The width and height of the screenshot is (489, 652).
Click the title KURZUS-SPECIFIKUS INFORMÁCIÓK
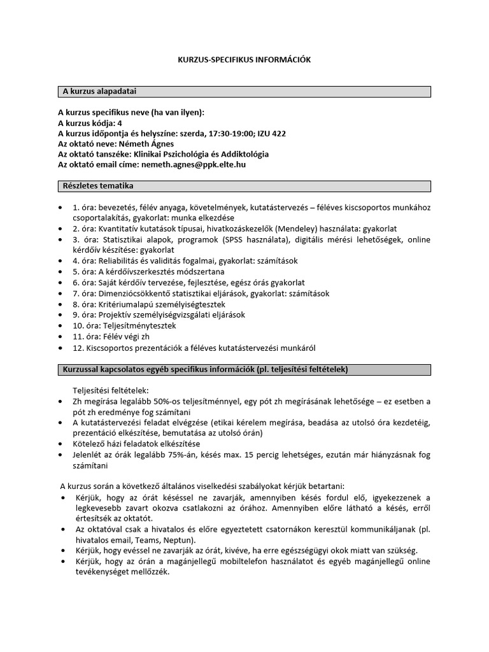point(244,59)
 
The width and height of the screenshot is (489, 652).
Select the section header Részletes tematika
point(97,186)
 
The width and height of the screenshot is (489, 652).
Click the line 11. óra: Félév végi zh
point(112,336)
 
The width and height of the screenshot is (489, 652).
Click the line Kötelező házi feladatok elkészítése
point(137,444)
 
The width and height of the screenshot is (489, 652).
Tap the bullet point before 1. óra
point(61,208)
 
